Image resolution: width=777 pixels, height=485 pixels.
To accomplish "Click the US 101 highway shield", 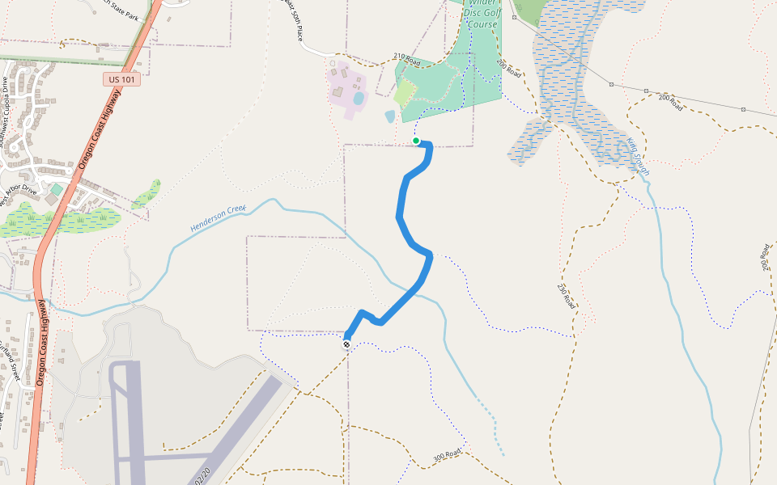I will coord(121,79).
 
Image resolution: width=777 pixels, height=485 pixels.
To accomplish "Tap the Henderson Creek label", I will coord(218,219).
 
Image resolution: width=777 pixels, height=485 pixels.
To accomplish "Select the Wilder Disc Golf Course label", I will coord(482,14).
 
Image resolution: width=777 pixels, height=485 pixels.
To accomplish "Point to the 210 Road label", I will coord(407,58).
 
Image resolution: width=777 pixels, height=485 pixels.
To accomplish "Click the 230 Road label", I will coord(566,297).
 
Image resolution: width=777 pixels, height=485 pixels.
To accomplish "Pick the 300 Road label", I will coord(448,456).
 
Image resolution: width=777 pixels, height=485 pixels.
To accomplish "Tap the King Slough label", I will coord(637,157).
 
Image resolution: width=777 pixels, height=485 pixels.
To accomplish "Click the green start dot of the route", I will coord(416,141).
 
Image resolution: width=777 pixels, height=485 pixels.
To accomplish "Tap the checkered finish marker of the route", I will coord(346,344).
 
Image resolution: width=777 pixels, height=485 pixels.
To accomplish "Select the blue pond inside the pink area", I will coord(358,99).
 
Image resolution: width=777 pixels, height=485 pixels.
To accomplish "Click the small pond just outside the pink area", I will coord(390,116).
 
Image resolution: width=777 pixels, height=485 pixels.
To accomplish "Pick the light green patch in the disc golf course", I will coord(405,94).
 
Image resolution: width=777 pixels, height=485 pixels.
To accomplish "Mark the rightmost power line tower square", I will coord(743,109).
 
